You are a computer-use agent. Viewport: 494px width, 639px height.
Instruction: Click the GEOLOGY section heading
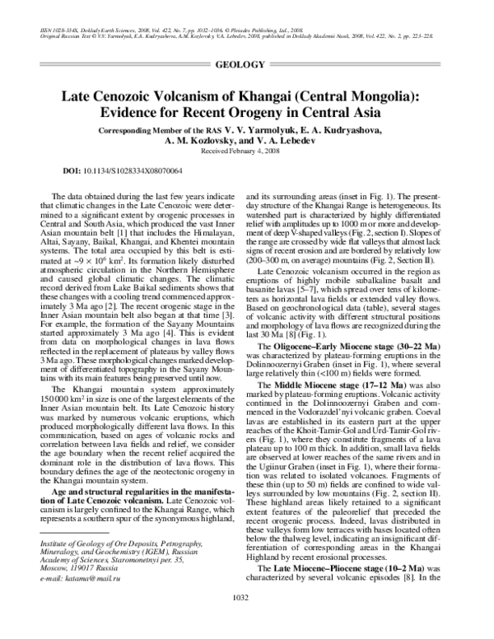point(246,64)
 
